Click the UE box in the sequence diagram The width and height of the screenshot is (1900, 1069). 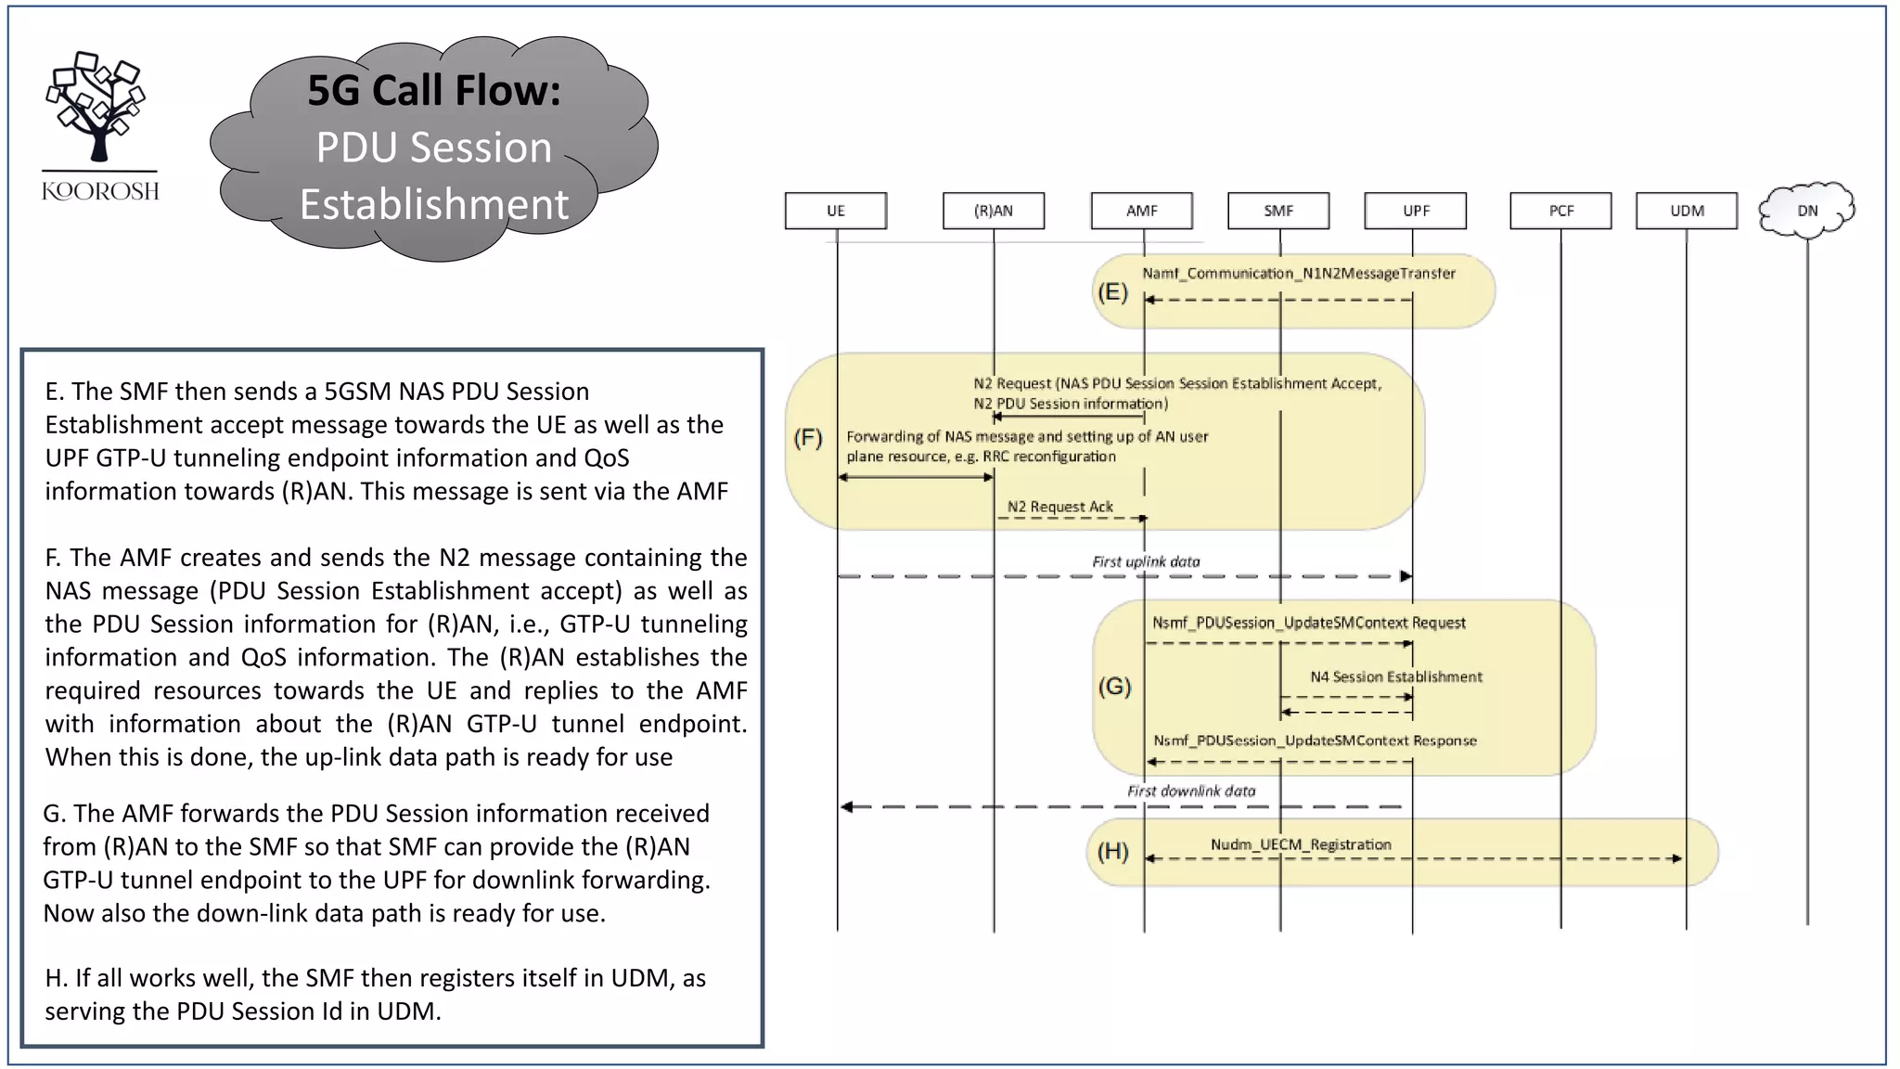click(835, 211)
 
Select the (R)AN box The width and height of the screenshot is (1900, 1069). click(993, 211)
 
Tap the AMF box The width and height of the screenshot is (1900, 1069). click(1141, 211)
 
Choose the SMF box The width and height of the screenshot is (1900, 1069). click(1277, 211)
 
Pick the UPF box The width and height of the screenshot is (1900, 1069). click(1415, 211)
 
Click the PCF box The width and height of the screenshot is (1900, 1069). click(1560, 211)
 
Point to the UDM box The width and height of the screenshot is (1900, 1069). click(1686, 211)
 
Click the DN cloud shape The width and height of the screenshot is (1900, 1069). click(1806, 210)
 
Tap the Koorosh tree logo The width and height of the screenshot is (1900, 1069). click(97, 107)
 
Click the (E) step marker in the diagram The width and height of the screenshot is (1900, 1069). click(1112, 292)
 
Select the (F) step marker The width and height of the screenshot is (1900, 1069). click(807, 437)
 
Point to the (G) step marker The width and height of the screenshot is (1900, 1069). click(1114, 686)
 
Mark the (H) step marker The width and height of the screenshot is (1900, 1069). click(1112, 851)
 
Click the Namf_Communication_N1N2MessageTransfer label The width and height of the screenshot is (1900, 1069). click(1298, 273)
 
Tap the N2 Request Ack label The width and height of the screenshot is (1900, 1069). click(1059, 507)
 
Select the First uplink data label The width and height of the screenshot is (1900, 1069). click(1146, 561)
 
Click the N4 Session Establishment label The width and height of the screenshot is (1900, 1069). click(1395, 676)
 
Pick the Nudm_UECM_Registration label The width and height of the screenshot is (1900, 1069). click(1300, 844)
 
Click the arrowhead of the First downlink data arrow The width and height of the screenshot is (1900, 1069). click(846, 806)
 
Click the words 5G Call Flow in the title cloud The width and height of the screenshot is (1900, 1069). click(433, 90)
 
